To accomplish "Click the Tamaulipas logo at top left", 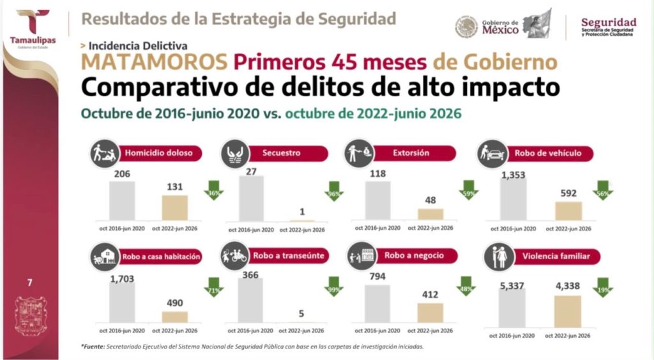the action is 33,28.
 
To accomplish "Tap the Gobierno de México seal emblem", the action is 466,27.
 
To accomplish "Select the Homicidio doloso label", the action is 159,153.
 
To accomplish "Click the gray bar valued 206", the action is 122,200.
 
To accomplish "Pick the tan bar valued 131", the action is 175,207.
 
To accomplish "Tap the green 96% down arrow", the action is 334,191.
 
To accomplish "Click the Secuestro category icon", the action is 235,153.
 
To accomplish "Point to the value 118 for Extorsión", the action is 378,174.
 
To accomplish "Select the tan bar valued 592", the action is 568,211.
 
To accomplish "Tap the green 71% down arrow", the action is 213,287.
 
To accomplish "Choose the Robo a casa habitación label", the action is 161,257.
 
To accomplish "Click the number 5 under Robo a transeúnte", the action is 301,313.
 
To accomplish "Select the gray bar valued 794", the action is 377,304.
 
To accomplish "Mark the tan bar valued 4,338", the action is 568,311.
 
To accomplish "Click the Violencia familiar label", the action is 556,256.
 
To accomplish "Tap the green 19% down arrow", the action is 603,287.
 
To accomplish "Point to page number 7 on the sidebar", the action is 29,283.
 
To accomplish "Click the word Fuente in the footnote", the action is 93,346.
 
